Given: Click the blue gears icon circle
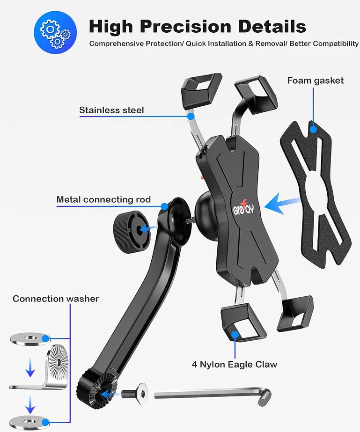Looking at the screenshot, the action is coord(55,32).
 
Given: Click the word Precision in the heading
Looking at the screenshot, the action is coord(185,27).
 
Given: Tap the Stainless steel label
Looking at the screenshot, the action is coord(111,110).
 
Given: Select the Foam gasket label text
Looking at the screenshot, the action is coord(316,81).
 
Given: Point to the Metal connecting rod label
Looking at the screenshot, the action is coord(103,199).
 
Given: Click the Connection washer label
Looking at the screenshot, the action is coord(56,299).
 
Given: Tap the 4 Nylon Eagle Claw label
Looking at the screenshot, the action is coord(234,364).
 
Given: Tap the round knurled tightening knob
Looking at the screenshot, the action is coord(132,228).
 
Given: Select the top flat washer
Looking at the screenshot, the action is coord(30,338).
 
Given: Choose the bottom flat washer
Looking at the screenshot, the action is coord(30,422).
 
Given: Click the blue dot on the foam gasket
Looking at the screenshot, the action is coord(313,129).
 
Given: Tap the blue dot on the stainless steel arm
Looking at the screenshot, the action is coord(191,117).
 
